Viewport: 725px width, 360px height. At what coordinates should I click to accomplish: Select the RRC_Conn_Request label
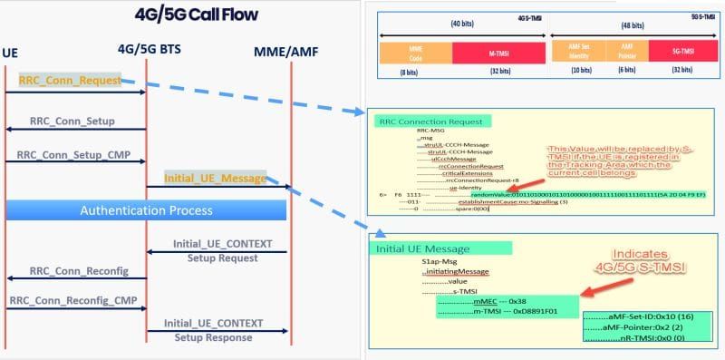pos(70,80)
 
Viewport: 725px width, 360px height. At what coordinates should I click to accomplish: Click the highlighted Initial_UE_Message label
pos(215,178)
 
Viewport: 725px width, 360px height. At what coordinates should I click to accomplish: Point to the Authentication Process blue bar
pos(146,210)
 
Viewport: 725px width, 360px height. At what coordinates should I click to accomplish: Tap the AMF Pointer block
pos(626,52)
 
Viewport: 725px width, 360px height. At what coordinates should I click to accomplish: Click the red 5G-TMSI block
pos(682,52)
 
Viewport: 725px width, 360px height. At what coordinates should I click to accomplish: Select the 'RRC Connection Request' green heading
pos(431,121)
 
